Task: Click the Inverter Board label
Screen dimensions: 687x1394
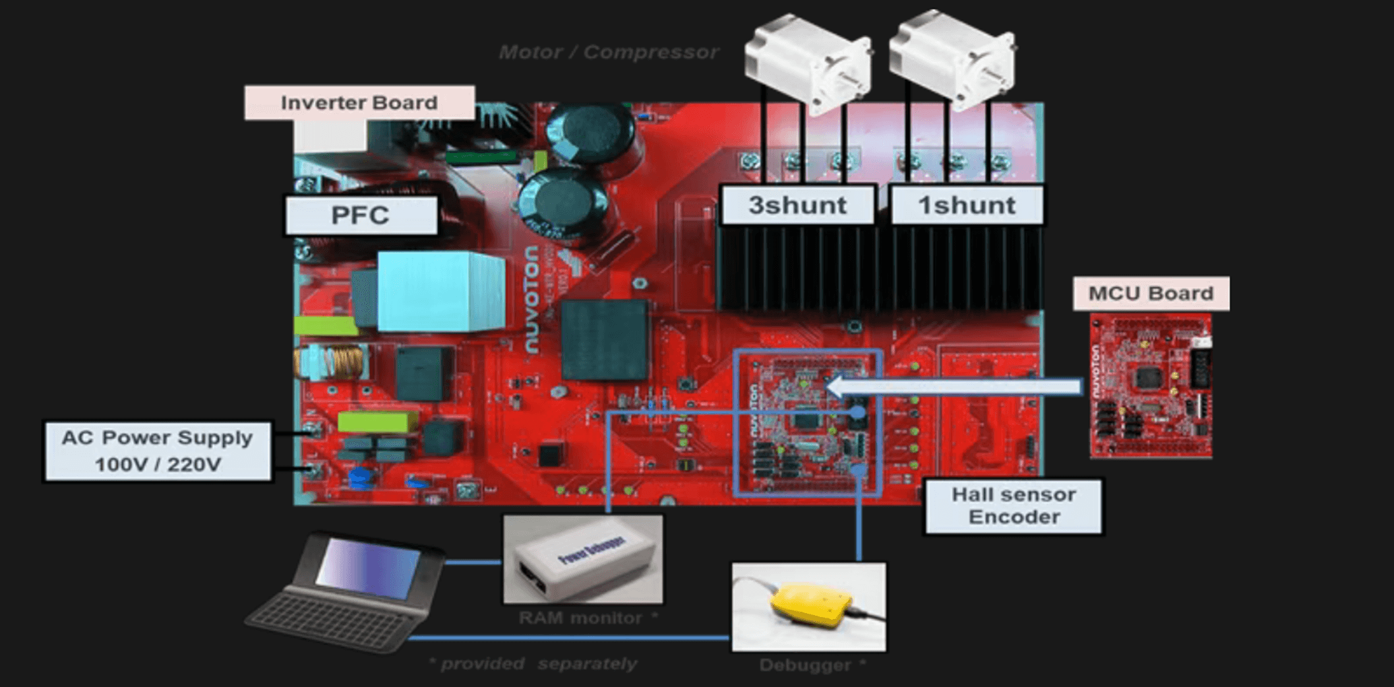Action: point(359,102)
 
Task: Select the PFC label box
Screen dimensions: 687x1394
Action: point(361,215)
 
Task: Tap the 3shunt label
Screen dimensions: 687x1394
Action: point(797,205)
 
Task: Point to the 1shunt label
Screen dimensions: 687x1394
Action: point(967,205)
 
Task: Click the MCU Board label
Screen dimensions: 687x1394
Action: point(1151,293)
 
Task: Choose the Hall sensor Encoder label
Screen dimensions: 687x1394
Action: point(1014,506)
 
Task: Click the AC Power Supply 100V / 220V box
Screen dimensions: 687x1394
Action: point(158,451)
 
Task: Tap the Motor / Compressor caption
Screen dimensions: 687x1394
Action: point(608,52)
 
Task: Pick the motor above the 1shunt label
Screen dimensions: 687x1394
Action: point(952,59)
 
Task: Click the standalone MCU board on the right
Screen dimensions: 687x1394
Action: point(1151,386)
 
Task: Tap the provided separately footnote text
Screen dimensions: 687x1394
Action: point(533,664)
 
